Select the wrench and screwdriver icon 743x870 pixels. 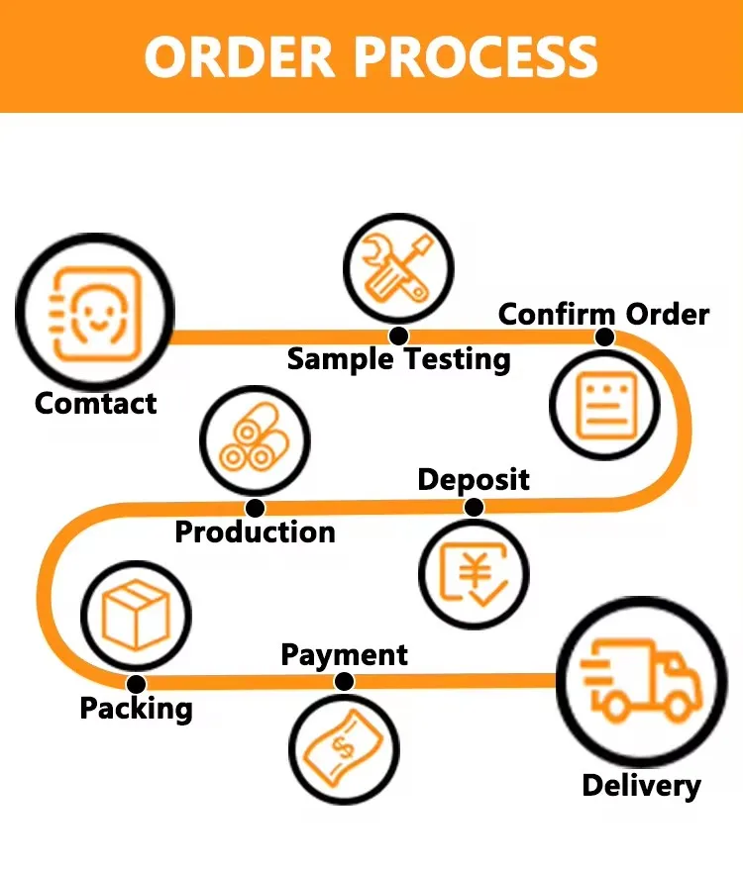pyautogui.click(x=397, y=268)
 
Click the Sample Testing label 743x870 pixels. pyautogui.click(x=398, y=358)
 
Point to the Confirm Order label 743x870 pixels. pyautogui.click(x=603, y=314)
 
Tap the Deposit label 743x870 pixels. pyautogui.click(x=474, y=480)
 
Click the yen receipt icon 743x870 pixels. pyautogui.click(x=473, y=574)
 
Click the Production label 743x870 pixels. pyautogui.click(x=255, y=532)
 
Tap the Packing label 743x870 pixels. pyautogui.click(x=136, y=709)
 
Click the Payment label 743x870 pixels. pyautogui.click(x=344, y=654)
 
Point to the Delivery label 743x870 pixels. pyautogui.click(x=641, y=786)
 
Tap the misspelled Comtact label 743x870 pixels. pyautogui.click(x=96, y=403)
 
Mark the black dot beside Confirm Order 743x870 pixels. pyautogui.click(x=604, y=338)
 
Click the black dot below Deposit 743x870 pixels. pyautogui.click(x=474, y=508)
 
